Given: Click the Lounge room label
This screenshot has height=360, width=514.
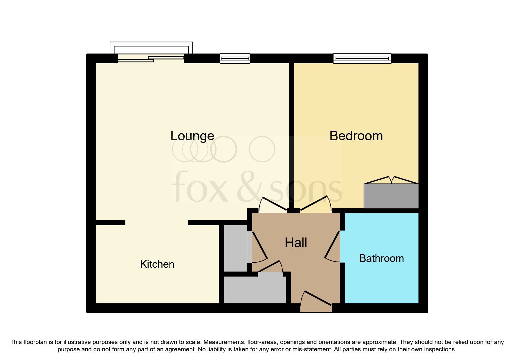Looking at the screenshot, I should [192, 136].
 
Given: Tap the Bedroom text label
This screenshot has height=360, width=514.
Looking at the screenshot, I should [356, 136].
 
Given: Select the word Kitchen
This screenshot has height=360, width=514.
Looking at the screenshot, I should [157, 264].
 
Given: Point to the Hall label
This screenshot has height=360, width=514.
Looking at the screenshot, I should [296, 243].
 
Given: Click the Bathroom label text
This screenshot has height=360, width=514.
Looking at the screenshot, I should [381, 258].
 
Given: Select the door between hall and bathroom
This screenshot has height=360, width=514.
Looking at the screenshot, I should [333, 246].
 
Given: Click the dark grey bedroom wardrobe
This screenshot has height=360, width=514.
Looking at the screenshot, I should [391, 196].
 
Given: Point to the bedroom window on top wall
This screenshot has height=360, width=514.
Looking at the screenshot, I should [362, 58].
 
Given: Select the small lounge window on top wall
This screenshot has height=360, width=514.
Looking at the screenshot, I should [235, 58].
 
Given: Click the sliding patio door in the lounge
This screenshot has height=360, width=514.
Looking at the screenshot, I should [151, 58].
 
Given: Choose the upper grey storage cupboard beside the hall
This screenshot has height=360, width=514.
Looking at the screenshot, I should [235, 248].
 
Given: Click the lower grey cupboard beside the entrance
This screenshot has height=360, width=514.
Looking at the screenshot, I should [255, 290].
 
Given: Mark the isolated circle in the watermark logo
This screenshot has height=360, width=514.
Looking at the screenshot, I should [262, 149].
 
